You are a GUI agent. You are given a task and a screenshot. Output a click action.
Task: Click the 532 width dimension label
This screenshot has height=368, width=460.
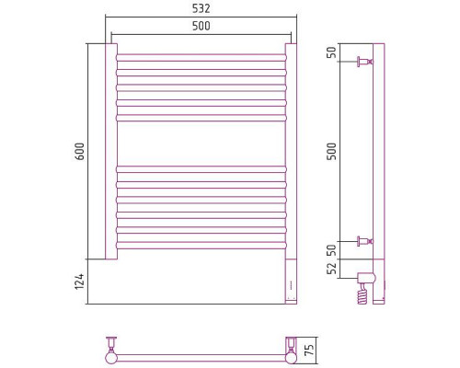pos(201,8)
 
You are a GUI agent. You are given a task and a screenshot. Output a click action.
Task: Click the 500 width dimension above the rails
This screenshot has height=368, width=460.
pos(201,26)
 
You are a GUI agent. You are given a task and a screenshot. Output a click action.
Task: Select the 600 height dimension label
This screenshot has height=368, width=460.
pos(80,151)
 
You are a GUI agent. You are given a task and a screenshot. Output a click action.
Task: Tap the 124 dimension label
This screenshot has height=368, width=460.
pos(79,282)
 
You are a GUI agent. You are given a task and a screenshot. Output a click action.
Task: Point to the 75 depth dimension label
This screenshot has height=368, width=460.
pos(310,350)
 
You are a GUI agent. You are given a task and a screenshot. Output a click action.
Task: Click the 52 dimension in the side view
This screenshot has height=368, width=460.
pos(332,269)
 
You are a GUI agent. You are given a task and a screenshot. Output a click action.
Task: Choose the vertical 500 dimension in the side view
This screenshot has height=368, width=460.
pos(332,151)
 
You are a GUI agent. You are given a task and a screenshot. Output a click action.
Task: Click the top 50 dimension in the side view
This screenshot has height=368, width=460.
pos(332,52)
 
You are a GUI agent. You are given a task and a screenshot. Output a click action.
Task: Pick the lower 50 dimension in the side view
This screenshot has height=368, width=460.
pos(332,250)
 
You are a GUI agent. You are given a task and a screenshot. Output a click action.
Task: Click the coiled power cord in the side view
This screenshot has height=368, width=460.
pos(362,293)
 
